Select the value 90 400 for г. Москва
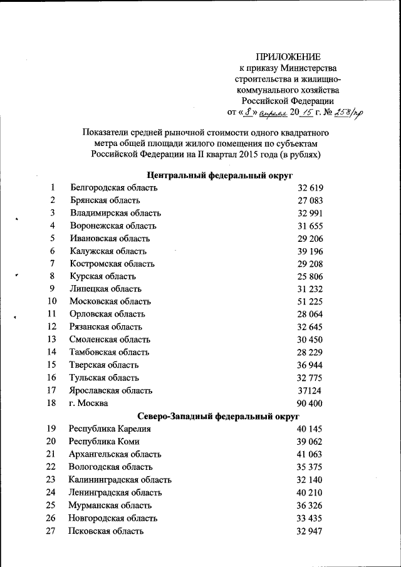coord(310,403)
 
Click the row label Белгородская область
coord(113,187)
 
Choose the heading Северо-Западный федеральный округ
coord(219,416)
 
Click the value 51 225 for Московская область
coord(310,301)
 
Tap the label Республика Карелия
coord(110,429)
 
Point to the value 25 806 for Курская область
coord(310,276)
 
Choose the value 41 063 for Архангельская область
coord(310,454)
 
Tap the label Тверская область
coord(104,365)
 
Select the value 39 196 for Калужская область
coord(310,251)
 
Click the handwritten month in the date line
coord(271,113)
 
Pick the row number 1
coord(53,187)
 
